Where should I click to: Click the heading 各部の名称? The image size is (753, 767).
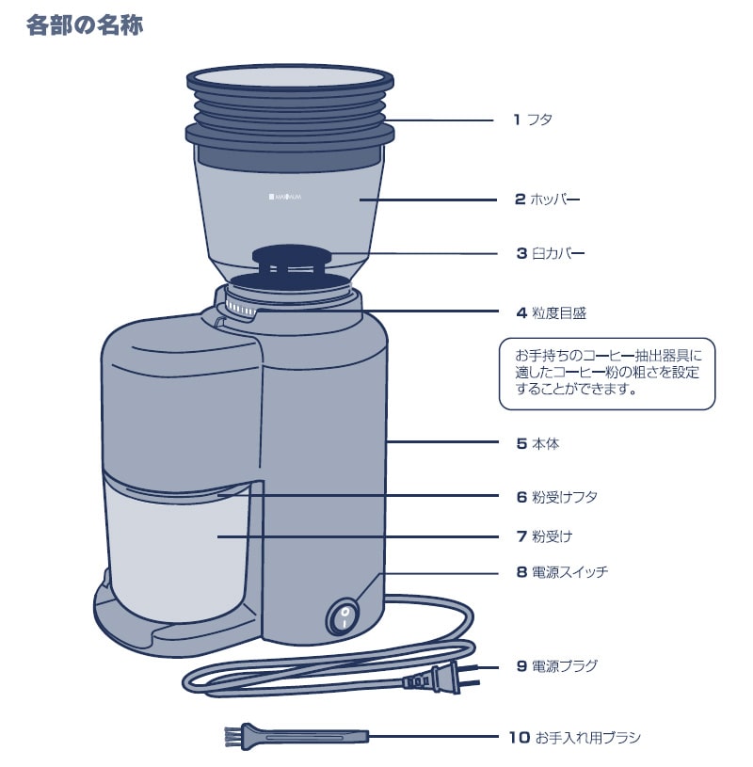pos(85,25)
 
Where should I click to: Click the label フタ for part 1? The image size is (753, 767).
pos(539,120)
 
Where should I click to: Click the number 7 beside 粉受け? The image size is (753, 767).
pos(521,536)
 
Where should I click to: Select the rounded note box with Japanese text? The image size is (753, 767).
pos(606,374)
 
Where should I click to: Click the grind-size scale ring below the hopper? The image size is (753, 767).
pos(248,311)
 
